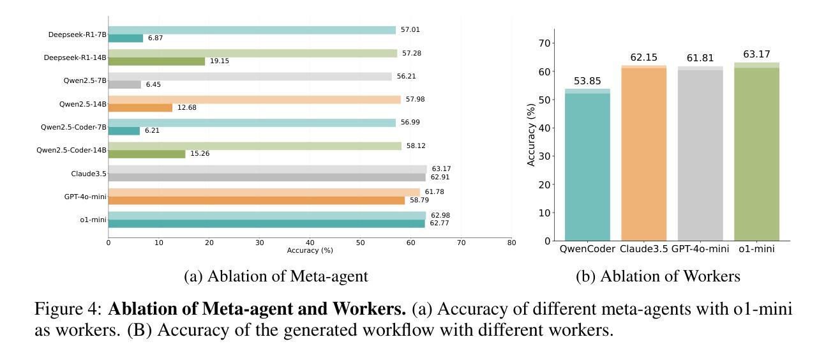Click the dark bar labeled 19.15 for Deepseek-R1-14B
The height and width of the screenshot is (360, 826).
pyautogui.click(x=156, y=61)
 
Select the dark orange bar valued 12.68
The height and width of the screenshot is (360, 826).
pyautogui.click(x=140, y=108)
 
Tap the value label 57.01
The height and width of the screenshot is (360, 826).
pyautogui.click(x=410, y=30)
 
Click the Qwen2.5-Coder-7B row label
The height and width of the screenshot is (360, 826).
pyautogui.click(x=73, y=127)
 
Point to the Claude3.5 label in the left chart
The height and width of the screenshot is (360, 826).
pyautogui.click(x=89, y=174)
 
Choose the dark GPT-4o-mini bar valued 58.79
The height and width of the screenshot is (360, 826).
pyautogui.click(x=256, y=200)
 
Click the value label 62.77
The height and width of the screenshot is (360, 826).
pyautogui.click(x=439, y=223)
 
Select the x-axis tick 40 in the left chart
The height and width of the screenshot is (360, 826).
pyautogui.click(x=310, y=243)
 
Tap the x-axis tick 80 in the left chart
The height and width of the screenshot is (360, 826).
pyautogui.click(x=511, y=243)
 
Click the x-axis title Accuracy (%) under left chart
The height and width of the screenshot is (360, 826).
pyautogui.click(x=310, y=251)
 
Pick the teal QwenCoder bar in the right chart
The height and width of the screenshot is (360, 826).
pyautogui.click(x=587, y=166)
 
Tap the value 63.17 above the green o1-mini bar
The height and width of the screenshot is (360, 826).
pyautogui.click(x=756, y=54)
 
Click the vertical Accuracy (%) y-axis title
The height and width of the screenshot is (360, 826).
pyautogui.click(x=531, y=135)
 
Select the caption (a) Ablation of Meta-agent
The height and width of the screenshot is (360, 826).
pyautogui.click(x=276, y=276)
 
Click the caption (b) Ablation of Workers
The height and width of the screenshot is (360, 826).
pyautogui.click(x=657, y=276)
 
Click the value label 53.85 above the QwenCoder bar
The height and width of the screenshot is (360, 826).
pyautogui.click(x=587, y=81)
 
